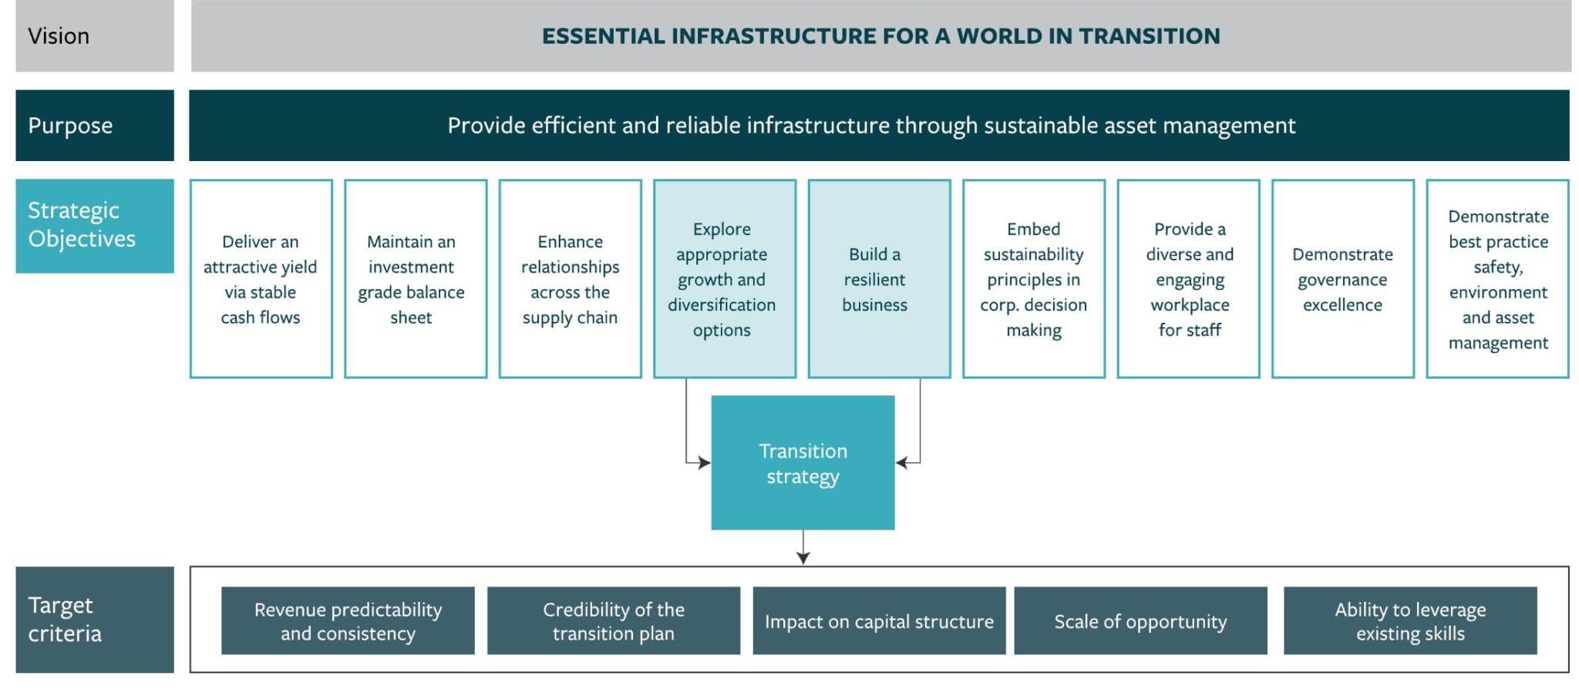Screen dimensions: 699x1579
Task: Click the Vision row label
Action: click(x=94, y=36)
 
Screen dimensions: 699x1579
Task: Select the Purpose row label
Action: click(x=94, y=126)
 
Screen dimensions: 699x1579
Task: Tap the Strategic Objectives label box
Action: click(x=94, y=225)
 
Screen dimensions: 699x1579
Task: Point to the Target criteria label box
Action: click(x=94, y=620)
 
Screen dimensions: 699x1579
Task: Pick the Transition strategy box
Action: click(x=803, y=463)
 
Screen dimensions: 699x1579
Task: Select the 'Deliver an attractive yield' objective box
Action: click(x=261, y=279)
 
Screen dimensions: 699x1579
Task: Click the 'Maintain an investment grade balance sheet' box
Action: click(x=415, y=279)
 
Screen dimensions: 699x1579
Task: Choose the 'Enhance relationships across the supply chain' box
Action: click(x=570, y=279)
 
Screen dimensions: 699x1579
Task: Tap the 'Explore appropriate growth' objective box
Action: click(x=724, y=279)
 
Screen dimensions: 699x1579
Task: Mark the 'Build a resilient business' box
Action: click(x=879, y=279)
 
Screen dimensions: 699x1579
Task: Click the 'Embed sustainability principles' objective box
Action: click(x=1033, y=279)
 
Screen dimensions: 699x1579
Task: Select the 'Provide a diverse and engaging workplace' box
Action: click(x=1188, y=279)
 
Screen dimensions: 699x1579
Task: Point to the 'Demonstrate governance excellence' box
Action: click(x=1342, y=279)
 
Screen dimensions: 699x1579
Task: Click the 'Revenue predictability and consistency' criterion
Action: click(x=348, y=621)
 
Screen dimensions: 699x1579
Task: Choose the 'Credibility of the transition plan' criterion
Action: click(x=613, y=621)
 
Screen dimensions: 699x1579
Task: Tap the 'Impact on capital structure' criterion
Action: click(x=879, y=621)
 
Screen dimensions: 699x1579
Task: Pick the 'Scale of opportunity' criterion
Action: click(x=1140, y=621)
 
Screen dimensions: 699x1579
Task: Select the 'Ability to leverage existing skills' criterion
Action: click(x=1409, y=621)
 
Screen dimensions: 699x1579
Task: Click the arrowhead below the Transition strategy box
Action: click(x=803, y=558)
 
